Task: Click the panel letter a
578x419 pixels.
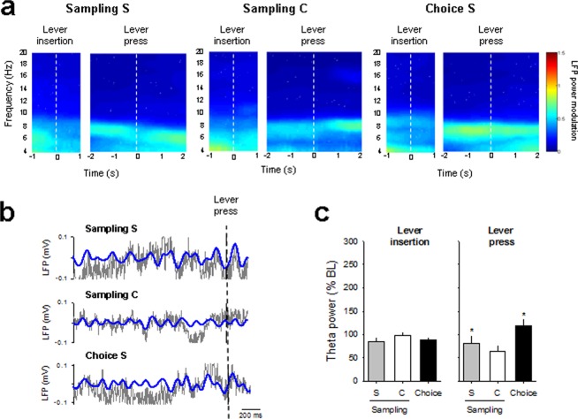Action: pyautogui.click(x=8, y=10)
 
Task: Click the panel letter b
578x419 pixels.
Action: pyautogui.click(x=8, y=217)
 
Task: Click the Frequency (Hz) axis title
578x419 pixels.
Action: pyautogui.click(x=8, y=102)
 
